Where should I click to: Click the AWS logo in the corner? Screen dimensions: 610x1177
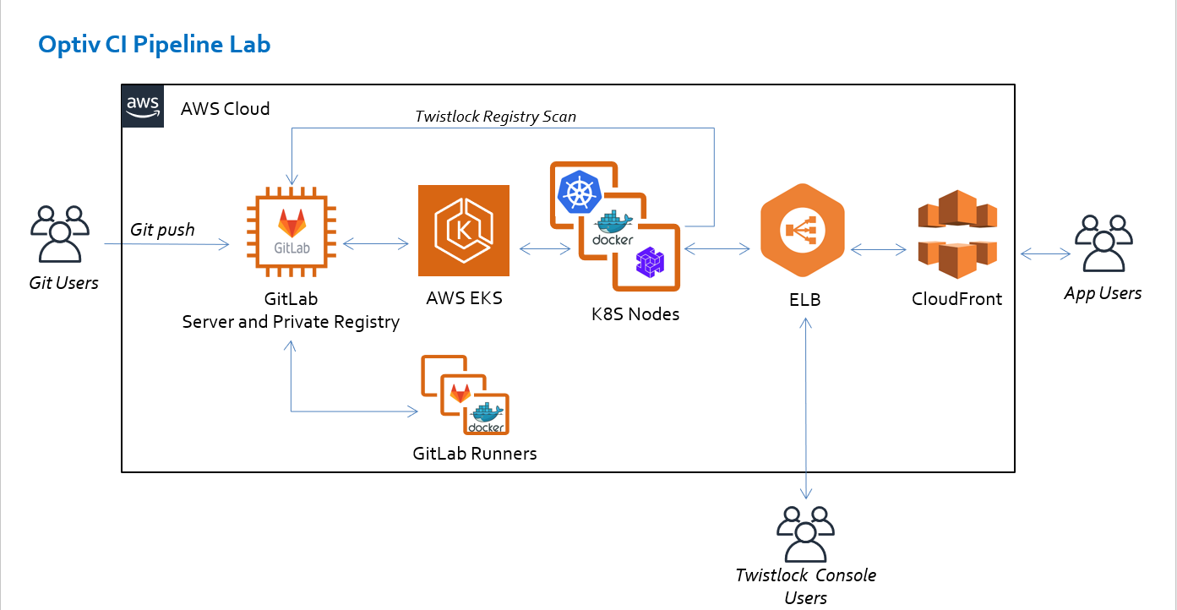(x=144, y=106)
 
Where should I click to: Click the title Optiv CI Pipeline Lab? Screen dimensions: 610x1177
(x=155, y=45)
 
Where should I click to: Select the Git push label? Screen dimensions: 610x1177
(x=162, y=229)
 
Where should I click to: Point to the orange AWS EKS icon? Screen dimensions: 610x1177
(x=464, y=231)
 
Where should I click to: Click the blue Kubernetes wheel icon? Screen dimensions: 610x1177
(x=579, y=193)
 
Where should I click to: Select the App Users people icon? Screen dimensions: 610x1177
(x=1103, y=244)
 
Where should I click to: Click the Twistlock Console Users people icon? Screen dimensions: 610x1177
(x=805, y=534)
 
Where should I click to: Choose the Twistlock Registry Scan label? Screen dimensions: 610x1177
(x=495, y=117)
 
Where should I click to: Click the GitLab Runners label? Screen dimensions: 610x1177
(x=475, y=454)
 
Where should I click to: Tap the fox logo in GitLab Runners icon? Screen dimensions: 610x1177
(x=460, y=393)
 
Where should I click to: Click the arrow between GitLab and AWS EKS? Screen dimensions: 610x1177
(x=376, y=246)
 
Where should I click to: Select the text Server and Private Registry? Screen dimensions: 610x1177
(x=291, y=322)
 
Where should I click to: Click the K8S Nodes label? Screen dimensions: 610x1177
(x=635, y=314)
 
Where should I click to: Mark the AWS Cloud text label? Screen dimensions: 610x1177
(x=226, y=109)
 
